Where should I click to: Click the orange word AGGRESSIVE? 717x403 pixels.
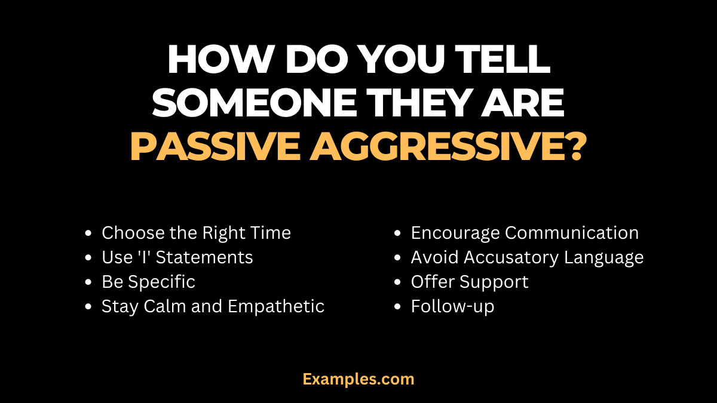(x=448, y=148)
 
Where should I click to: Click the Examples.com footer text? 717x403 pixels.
(x=358, y=379)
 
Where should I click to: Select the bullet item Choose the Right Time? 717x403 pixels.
(x=196, y=233)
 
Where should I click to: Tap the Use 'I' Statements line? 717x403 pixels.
(x=177, y=257)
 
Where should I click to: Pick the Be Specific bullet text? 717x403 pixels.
(x=148, y=282)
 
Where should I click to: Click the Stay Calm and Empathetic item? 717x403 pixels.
(x=213, y=306)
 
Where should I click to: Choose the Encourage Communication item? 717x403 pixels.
(x=525, y=233)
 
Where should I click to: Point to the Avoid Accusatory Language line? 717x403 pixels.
(x=527, y=257)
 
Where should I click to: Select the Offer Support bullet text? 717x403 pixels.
(x=470, y=282)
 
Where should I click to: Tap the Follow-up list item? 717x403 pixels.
(x=452, y=306)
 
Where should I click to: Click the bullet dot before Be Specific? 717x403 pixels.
(x=89, y=282)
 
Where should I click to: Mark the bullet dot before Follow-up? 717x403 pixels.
(x=399, y=307)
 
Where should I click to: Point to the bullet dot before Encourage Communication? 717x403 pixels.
(x=399, y=233)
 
